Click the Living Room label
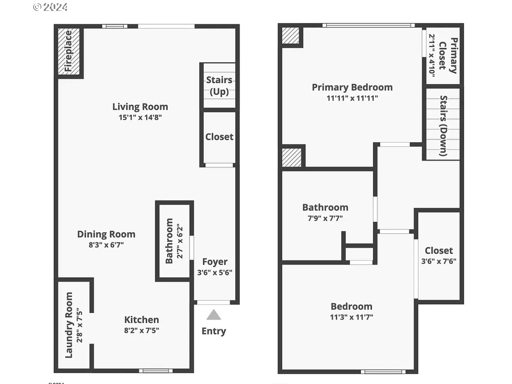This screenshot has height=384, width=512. tap(140, 107)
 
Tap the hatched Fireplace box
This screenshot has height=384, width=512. tap(69, 51)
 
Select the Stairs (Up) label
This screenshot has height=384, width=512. tap(219, 85)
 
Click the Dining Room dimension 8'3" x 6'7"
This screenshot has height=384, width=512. tap(106, 245)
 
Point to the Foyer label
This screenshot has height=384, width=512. tap(215, 262)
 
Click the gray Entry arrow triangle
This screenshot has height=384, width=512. tap(214, 315)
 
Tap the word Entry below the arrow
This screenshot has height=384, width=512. tap(214, 331)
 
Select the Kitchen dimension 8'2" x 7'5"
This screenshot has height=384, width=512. tap(141, 330)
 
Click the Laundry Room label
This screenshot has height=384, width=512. tap(69, 325)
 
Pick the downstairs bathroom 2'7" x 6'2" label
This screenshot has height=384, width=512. tap(174, 241)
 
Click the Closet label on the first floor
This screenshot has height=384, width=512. tap(219, 137)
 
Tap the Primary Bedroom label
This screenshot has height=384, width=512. tap(352, 87)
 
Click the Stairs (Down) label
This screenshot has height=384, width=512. tap(443, 126)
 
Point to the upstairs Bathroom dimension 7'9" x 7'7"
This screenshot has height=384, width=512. tap(325, 218)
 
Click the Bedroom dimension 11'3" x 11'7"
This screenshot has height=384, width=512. tap(351, 317)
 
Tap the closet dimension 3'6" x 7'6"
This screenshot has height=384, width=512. tap(439, 261)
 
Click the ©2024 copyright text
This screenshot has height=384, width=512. tap(50, 7)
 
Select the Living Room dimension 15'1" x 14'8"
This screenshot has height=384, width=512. tap(140, 117)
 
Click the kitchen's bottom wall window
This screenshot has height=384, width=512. tap(155, 371)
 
